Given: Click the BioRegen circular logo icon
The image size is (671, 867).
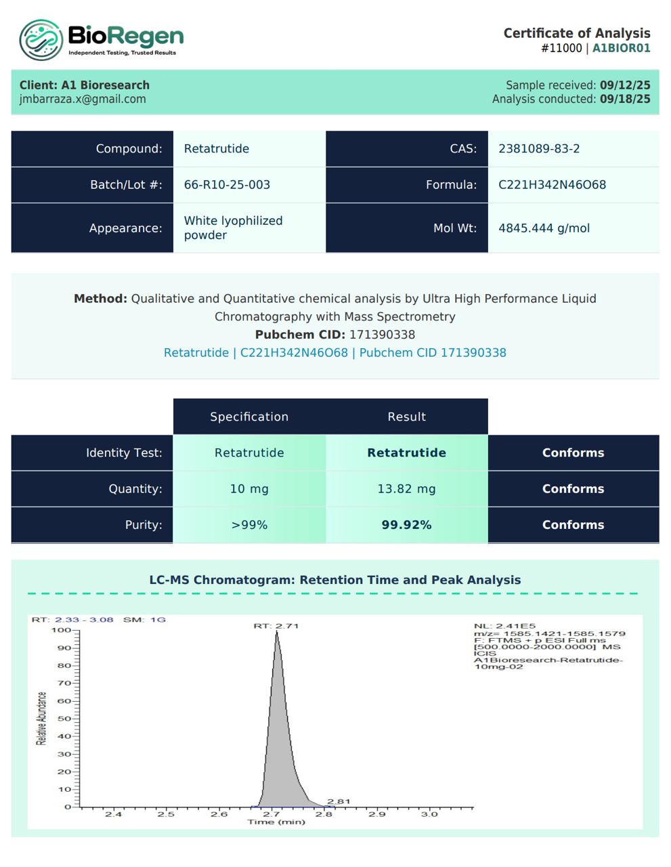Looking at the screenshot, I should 41,41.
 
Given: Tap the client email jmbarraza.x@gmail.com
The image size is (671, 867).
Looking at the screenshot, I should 83,99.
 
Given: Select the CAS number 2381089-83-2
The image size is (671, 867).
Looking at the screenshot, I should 539,149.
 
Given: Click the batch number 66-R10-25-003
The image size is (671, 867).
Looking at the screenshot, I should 227,185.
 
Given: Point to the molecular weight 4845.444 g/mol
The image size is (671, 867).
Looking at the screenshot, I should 544,228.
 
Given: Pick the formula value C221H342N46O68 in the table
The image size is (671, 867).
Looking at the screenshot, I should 552,185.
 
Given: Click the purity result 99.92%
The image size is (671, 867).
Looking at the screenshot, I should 406,525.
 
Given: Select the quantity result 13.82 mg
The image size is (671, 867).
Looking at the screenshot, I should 406,489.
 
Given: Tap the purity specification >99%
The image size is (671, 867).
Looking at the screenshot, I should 249,525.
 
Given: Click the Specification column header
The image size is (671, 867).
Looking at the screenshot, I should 249,417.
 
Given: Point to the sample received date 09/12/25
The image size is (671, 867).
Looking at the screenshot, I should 625,85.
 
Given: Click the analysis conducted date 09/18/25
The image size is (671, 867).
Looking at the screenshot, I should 625,99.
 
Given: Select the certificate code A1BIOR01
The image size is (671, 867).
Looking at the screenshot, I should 621,48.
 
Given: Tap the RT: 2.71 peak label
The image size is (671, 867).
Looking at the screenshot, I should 276,626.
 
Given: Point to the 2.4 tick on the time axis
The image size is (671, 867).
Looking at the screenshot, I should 113,814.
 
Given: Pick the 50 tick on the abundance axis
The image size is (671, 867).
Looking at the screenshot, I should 64,719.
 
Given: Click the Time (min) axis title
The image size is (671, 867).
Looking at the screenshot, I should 276,822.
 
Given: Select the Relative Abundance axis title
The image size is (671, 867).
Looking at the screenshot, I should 42,719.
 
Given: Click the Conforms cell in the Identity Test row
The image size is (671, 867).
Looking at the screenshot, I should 573,453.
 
